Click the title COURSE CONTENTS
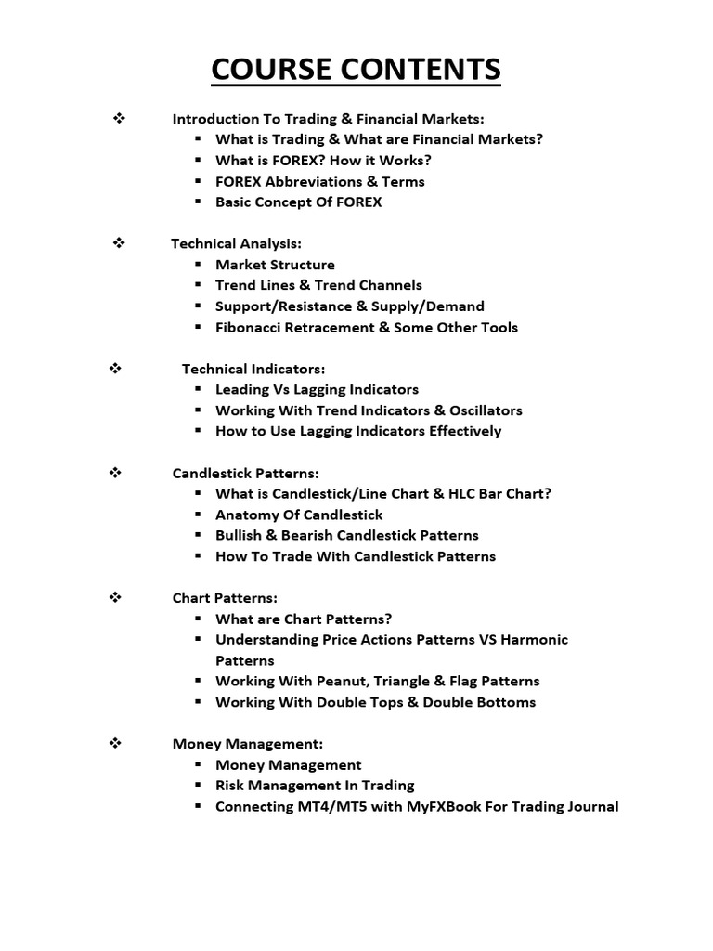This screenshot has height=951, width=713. point(356,69)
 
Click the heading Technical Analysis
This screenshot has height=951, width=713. point(236,243)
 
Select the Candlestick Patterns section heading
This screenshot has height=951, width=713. point(245,473)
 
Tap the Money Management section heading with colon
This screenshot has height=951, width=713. point(248,743)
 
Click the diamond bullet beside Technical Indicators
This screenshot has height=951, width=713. point(117,368)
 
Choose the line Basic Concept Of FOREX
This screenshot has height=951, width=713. point(298,202)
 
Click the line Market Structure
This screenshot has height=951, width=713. point(275,265)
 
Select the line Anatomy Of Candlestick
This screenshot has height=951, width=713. point(299,515)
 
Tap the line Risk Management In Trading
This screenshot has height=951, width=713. point(315,785)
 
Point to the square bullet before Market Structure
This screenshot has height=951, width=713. point(199,265)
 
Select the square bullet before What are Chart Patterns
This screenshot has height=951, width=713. point(199,619)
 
